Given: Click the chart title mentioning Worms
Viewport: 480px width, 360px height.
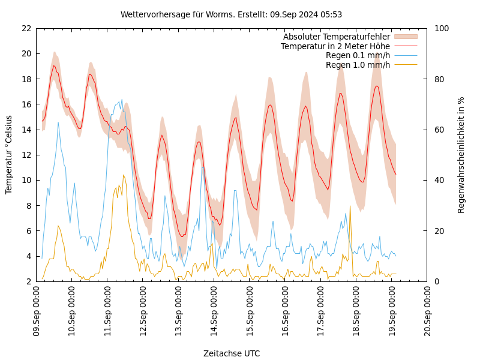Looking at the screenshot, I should click(231, 14).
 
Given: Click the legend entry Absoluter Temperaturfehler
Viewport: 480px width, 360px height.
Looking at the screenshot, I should click(336, 37).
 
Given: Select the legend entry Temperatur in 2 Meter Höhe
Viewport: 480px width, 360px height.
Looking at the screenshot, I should click(335, 46).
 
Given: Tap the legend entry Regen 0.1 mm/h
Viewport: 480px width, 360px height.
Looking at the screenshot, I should click(358, 55).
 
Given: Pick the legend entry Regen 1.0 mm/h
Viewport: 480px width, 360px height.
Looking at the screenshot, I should click(358, 64).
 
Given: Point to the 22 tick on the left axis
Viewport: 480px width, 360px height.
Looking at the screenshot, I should click(26, 28).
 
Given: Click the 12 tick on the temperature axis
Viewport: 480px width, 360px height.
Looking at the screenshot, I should click(26, 155).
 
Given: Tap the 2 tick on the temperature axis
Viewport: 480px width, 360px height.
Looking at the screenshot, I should click(29, 281).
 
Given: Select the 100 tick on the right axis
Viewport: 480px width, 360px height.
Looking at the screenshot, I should click(442, 28).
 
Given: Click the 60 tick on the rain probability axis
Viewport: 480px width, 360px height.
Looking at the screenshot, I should click(439, 130).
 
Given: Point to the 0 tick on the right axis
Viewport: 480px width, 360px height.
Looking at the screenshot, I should click(437, 281).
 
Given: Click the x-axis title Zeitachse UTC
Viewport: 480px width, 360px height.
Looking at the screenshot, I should click(232, 353).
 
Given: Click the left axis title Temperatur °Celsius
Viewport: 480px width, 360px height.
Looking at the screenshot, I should click(9, 155).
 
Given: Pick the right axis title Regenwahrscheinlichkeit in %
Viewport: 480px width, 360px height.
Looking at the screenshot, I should click(461, 155).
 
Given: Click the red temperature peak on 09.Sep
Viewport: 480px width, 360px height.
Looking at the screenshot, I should click(53, 65).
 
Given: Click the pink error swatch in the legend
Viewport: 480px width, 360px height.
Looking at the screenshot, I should click(405, 37).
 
